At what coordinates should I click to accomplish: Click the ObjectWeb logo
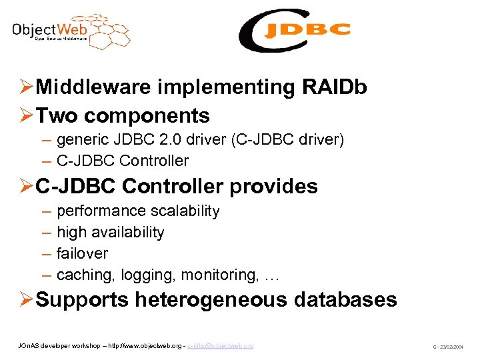[x=70, y=31]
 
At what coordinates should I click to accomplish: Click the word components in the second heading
[x=147, y=115]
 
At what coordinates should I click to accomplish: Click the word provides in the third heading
[x=273, y=186]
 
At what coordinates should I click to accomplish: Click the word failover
[x=82, y=254]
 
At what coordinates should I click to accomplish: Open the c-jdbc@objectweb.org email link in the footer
[x=220, y=346]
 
